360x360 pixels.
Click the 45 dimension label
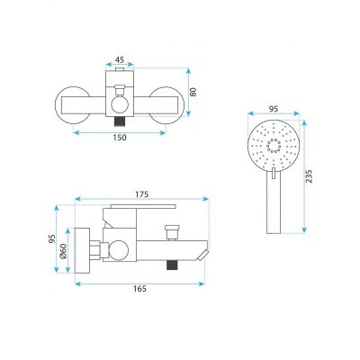[120, 59]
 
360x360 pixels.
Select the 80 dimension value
[193, 92]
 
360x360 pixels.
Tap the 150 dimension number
[120, 138]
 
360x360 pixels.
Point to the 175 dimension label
[142, 194]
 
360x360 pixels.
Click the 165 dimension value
[139, 289]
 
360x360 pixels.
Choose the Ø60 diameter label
[63, 251]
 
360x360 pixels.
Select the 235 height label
[310, 176]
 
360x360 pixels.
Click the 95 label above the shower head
[274, 109]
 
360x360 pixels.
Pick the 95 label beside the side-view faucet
[52, 238]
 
